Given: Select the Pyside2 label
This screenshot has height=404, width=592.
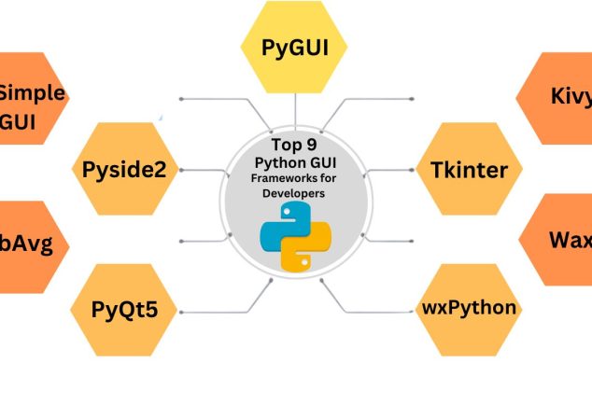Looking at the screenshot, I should [x=123, y=170].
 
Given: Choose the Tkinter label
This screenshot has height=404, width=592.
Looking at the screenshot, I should [x=469, y=170].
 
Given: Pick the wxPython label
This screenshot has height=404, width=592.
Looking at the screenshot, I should [x=468, y=307].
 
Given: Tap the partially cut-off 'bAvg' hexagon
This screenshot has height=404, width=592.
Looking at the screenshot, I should [x=28, y=245].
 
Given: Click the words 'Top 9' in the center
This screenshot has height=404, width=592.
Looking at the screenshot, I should [x=295, y=146].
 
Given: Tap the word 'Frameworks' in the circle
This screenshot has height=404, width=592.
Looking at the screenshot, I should [x=276, y=178].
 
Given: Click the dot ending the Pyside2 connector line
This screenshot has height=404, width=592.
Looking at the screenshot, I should [x=180, y=171].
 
